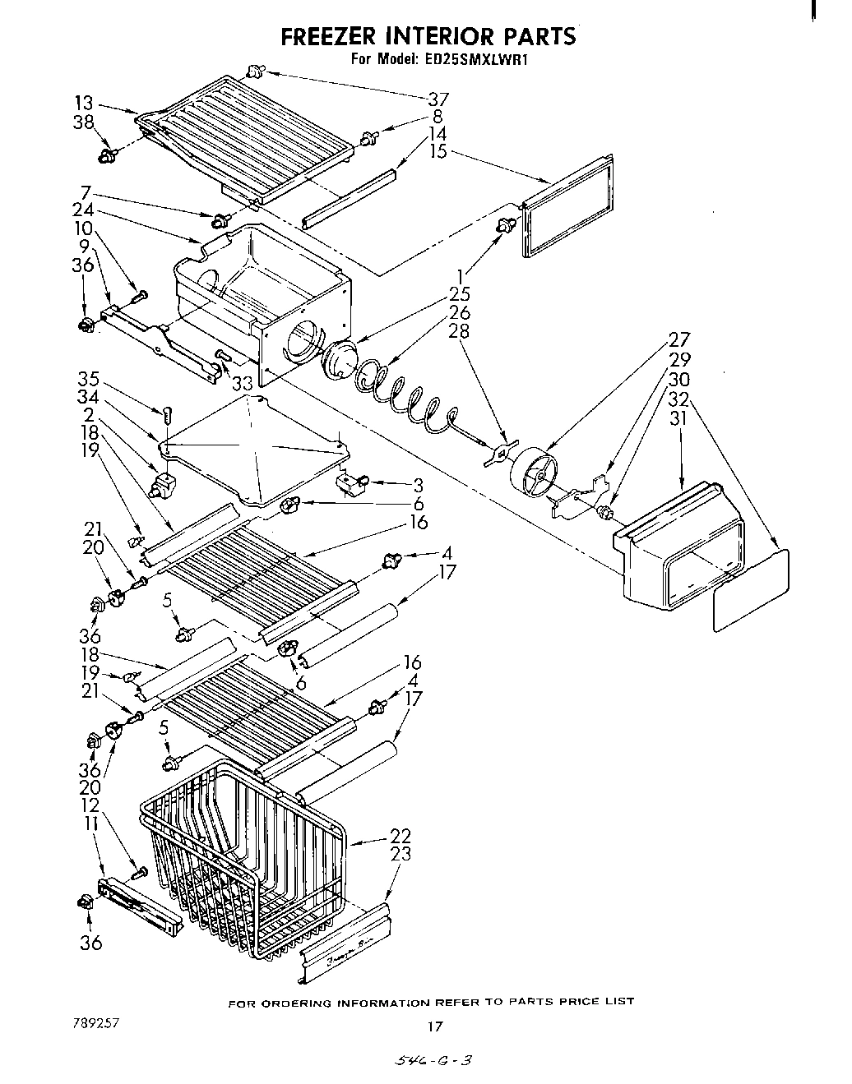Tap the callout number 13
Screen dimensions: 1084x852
pyautogui.click(x=84, y=104)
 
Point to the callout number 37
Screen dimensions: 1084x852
pyautogui.click(x=438, y=99)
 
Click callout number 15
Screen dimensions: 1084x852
pyautogui.click(x=438, y=151)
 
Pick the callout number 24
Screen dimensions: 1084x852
pyautogui.click(x=83, y=210)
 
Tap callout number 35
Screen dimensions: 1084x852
pyautogui.click(x=88, y=380)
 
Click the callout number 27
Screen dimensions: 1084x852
pyautogui.click(x=680, y=339)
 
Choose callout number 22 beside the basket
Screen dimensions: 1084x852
pyautogui.click(x=401, y=836)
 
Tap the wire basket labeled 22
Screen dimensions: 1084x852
pyautogui.click(x=247, y=863)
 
